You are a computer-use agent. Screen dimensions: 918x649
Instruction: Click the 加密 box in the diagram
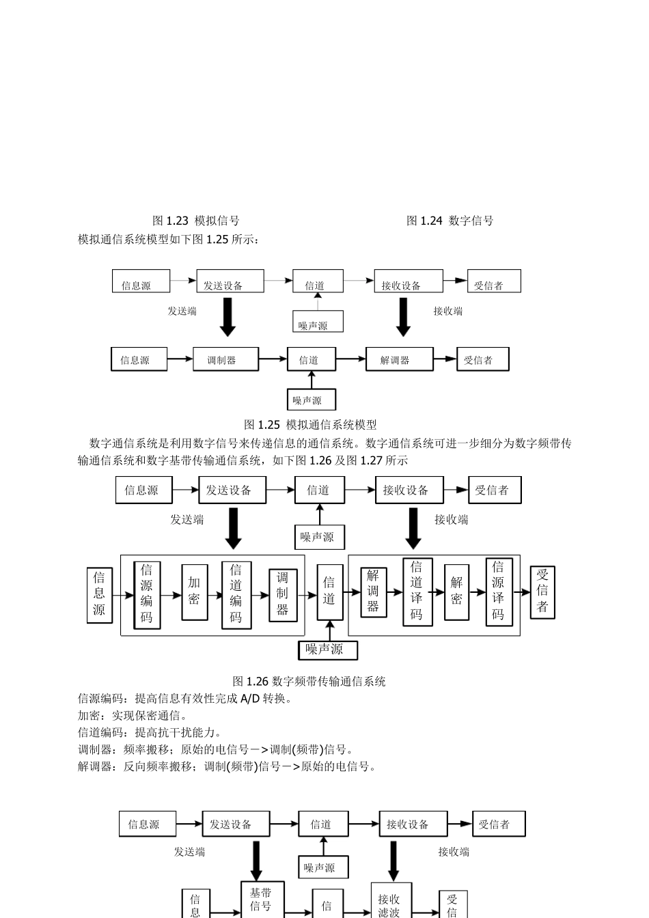tap(195, 592)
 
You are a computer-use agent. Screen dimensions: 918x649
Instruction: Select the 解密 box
tap(456, 592)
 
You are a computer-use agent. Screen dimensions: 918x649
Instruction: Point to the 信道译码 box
tap(416, 592)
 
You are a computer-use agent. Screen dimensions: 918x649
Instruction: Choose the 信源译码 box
tap(499, 592)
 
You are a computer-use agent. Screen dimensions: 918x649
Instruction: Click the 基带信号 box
tap(262, 900)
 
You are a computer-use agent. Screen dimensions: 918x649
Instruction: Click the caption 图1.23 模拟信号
tap(195, 221)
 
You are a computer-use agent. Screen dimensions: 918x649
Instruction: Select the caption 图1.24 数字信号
tap(450, 221)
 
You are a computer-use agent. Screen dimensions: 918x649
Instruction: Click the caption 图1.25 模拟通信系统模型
tap(310, 425)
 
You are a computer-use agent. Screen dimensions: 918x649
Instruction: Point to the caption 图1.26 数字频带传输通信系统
tap(309, 681)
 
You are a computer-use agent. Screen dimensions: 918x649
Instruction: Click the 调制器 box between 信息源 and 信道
tap(225, 360)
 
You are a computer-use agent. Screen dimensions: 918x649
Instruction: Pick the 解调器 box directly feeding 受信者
tap(399, 360)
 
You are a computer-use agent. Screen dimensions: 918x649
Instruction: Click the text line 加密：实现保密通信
tap(133, 715)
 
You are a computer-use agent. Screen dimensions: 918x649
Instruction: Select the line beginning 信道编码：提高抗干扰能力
tap(146, 732)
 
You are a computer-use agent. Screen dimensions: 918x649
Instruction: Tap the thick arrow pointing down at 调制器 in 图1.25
tap(227, 317)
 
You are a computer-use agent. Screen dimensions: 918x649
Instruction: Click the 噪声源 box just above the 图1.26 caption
tap(328, 650)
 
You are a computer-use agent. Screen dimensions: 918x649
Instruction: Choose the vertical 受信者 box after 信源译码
tap(542, 592)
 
